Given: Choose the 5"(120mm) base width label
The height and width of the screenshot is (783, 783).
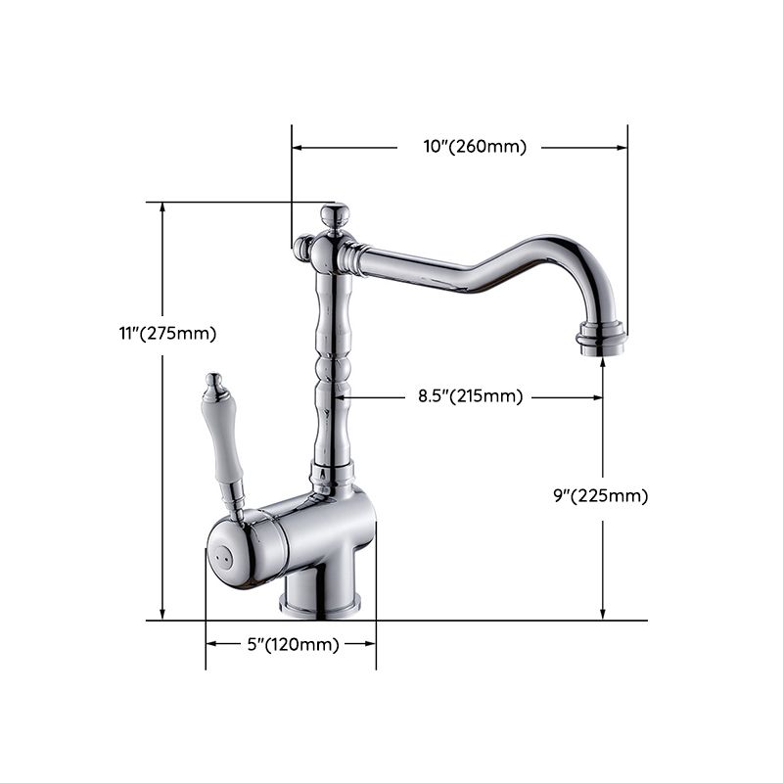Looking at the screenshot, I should (x=293, y=644).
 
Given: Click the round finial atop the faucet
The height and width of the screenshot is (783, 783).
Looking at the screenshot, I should (x=335, y=214).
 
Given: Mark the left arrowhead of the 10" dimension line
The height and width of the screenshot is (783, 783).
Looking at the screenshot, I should (x=297, y=148).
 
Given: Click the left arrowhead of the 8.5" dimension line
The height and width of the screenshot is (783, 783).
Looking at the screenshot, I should (x=341, y=397).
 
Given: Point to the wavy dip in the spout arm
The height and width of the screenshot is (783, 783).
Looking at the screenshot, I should (x=470, y=284).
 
